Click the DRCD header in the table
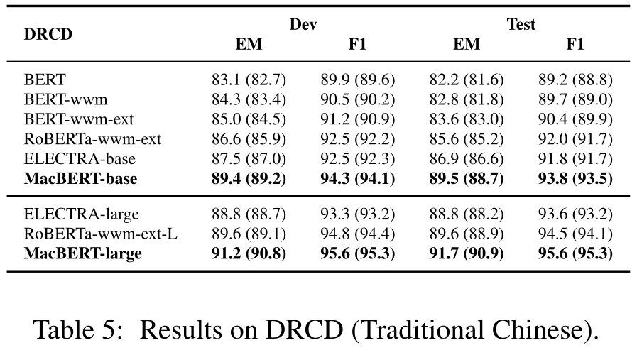[48, 34]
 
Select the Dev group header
[303, 24]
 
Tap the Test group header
[521, 24]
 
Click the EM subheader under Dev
[249, 44]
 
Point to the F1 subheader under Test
[575, 44]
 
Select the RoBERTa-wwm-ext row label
[92, 138]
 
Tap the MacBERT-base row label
[80, 178]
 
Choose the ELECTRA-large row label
[81, 214]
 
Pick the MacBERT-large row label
[82, 253]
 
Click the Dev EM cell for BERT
[249, 79]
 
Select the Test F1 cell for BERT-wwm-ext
[575, 119]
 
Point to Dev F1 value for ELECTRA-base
[357, 158]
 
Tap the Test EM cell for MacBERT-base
[466, 178]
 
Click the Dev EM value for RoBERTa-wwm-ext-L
[249, 234]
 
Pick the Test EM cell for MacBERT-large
[466, 253]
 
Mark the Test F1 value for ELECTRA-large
[575, 214]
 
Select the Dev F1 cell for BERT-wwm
[357, 99]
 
